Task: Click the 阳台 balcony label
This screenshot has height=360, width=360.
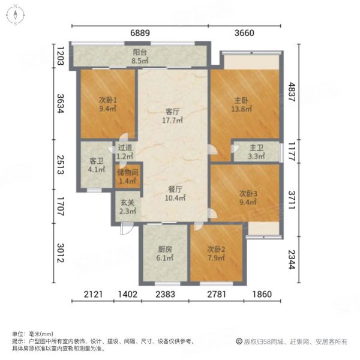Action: [140, 52]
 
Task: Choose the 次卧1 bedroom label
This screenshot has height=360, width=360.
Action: [107, 100]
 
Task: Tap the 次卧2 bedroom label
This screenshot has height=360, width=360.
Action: [215, 249]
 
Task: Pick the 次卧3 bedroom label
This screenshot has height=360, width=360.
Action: [248, 194]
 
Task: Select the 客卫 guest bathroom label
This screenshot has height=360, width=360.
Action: [96, 161]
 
